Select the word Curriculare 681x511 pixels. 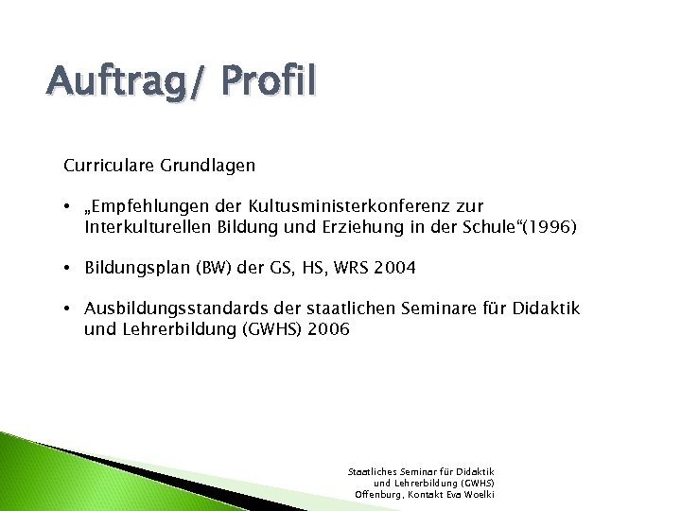coord(106,166)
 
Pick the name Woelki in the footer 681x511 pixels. coord(477,494)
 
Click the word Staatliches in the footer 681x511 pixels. coord(373,471)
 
